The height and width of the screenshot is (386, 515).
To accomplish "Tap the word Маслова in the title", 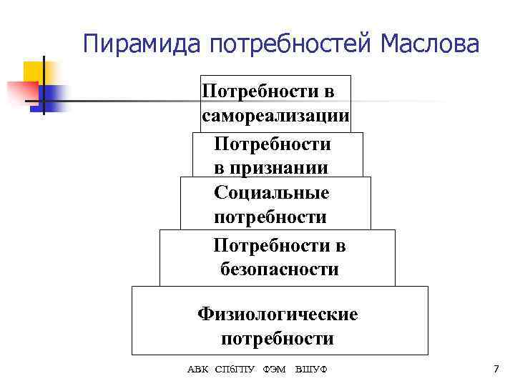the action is pyautogui.click(x=431, y=45).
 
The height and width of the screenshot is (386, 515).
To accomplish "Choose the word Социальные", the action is pyautogui.click(x=271, y=192).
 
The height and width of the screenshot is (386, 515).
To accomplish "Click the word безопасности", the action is pyautogui.click(x=280, y=269).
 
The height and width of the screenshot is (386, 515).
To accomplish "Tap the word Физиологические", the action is pyautogui.click(x=278, y=314).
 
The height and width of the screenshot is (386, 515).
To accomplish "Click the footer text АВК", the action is pyautogui.click(x=198, y=369).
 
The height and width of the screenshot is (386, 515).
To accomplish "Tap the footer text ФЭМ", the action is pyautogui.click(x=275, y=369).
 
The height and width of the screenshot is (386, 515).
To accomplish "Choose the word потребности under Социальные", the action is pyautogui.click(x=270, y=217).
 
